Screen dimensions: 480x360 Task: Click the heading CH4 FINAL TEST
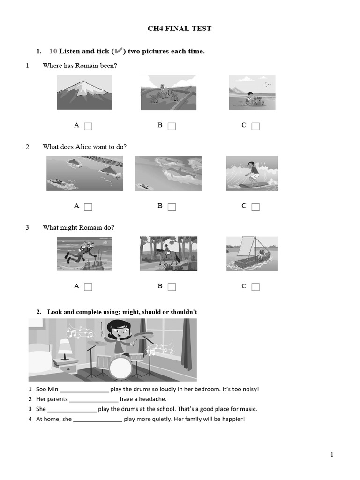tap(180, 29)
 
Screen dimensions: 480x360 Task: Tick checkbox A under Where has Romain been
tap(88, 126)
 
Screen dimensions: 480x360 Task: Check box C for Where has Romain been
tap(255, 126)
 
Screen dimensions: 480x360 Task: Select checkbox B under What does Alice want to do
tap(172, 207)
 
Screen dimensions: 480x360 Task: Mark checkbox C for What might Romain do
tap(255, 287)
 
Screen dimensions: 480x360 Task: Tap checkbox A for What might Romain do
tap(88, 287)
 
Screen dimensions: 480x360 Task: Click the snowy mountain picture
tap(85, 93)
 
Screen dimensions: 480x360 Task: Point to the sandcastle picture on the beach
tap(252, 93)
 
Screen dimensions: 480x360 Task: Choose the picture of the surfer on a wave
tap(252, 173)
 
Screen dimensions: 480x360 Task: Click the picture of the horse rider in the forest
tap(168, 254)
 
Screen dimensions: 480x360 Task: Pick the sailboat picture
tap(252, 254)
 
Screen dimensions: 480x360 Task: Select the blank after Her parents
tap(94, 400)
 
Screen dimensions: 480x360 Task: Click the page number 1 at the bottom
tap(332, 455)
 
